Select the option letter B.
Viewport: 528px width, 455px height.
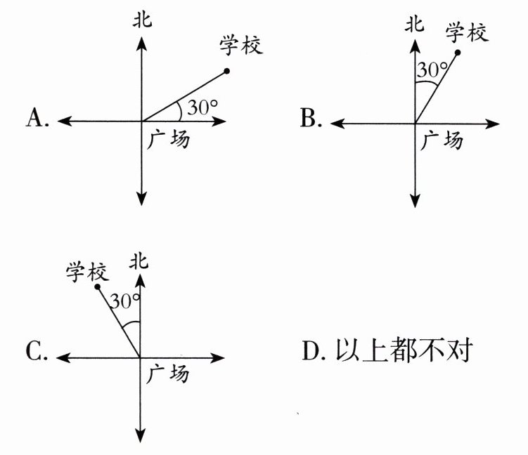point(310,119)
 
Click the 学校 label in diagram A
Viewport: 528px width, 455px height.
point(240,46)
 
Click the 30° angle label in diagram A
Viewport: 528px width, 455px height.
point(202,108)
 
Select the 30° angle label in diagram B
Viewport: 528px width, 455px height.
point(432,70)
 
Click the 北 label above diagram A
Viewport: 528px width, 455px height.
point(143,19)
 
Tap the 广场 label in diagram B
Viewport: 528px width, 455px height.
point(442,140)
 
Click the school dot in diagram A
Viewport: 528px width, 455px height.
point(227,70)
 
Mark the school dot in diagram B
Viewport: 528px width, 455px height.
point(458,53)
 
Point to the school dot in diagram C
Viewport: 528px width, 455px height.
point(98,286)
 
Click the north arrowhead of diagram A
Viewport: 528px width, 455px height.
point(143,41)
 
